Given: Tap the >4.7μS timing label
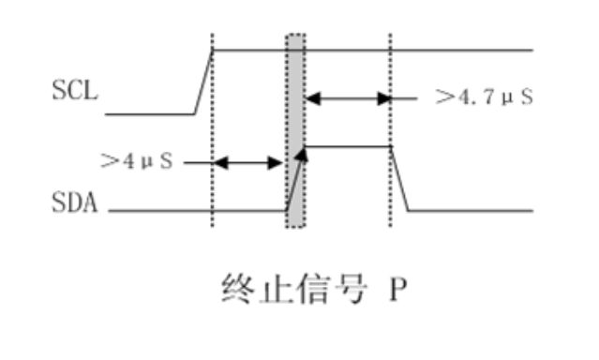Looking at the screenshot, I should point(484,97).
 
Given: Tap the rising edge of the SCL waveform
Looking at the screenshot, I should point(203,82).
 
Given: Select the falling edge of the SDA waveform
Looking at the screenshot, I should point(399,178).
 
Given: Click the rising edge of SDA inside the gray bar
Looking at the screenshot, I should point(295,178).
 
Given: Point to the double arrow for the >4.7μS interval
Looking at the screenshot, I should point(346,97).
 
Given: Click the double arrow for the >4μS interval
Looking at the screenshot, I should point(248,162).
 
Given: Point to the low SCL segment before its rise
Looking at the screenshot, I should point(150,114).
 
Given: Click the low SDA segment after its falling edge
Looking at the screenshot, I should point(469,211).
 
